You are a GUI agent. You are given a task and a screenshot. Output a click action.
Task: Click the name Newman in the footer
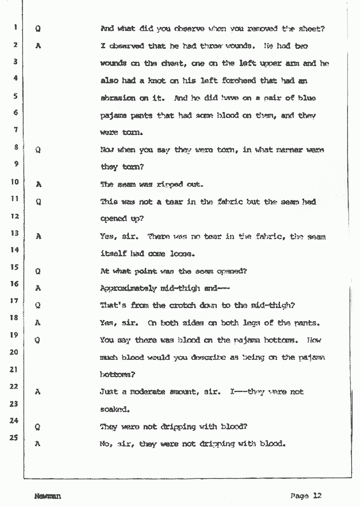tap(48, 497)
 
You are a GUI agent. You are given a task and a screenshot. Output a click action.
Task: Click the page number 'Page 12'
tap(305, 496)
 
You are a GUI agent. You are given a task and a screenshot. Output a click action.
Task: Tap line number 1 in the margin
tap(15, 28)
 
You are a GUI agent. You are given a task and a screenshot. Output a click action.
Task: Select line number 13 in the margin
tap(15, 233)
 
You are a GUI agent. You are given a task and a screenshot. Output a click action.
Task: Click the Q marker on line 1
tap(38, 30)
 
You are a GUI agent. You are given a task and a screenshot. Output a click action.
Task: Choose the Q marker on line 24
tap(38, 427)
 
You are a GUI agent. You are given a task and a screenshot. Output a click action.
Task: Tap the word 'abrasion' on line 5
tap(118, 98)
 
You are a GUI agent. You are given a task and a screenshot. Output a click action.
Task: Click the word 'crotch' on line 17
tap(183, 306)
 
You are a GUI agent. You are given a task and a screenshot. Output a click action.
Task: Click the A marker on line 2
tap(38, 46)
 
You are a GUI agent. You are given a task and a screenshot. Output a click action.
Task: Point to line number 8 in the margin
tap(15, 147)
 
